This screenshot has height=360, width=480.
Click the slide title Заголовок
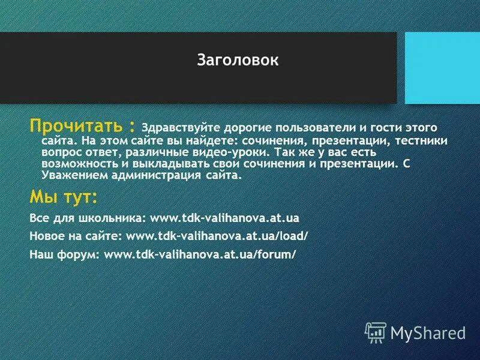[x=238, y=61]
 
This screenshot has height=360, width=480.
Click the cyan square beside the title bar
[x=442, y=68]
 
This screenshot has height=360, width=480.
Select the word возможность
[x=74, y=164]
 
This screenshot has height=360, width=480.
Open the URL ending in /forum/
[x=200, y=254]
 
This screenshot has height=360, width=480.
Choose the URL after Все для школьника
[x=224, y=217]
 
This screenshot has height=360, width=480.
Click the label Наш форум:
[x=65, y=254]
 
